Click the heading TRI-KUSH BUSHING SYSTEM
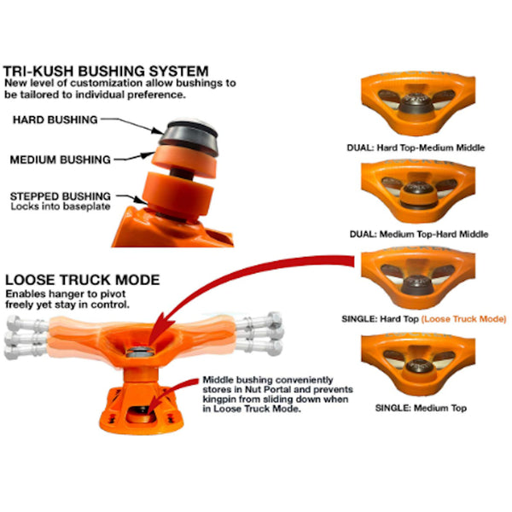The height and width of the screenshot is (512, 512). tap(106, 71)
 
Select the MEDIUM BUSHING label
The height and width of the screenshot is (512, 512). tap(61, 159)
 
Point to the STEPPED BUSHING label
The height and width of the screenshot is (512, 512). tap(61, 195)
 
